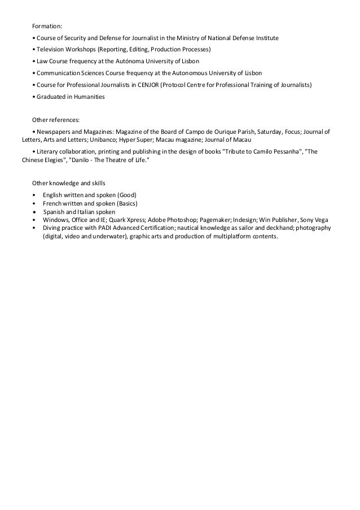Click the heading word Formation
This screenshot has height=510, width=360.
(x=47, y=26)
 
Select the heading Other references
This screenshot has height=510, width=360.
(x=56, y=120)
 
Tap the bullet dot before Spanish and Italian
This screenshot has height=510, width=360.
(x=36, y=211)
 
